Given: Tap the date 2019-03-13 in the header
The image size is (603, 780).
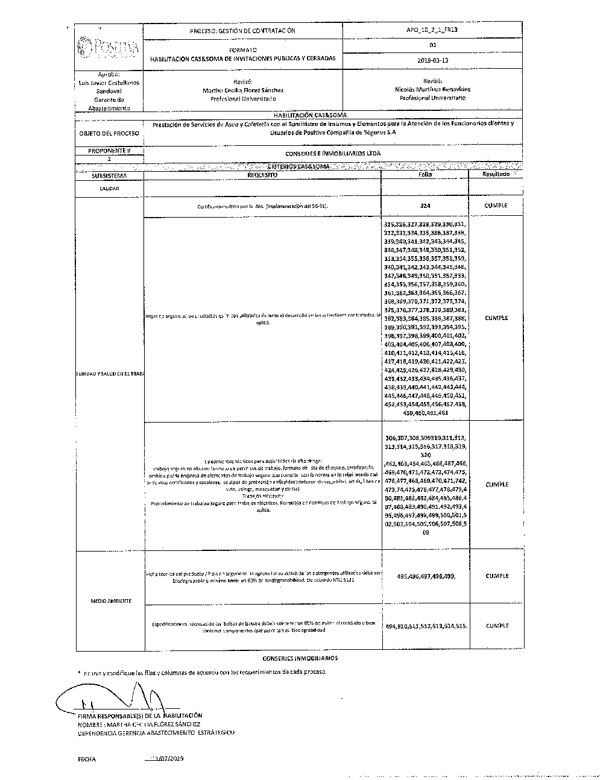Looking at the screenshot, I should (432, 60).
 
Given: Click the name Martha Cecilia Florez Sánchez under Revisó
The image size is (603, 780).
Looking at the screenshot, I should (243, 90).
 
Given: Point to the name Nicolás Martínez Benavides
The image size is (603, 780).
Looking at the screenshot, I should (432, 89).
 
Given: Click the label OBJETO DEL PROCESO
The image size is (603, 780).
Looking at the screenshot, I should (109, 133).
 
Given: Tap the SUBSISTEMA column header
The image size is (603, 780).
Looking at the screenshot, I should (109, 175).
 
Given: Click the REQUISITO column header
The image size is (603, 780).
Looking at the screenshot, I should (262, 175).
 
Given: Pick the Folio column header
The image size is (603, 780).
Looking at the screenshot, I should (425, 174).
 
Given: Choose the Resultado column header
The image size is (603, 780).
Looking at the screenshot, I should (496, 174).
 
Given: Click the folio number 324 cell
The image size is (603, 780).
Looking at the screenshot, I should (425, 206).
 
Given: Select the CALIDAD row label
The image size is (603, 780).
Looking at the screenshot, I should (109, 189).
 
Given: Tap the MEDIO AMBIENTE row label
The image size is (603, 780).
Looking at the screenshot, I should (110, 601).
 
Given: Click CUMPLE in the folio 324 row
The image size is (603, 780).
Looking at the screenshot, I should (496, 206).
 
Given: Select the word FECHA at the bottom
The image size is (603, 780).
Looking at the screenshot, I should (86, 760).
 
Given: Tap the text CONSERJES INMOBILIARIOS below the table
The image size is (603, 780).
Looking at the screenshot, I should (300, 659).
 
